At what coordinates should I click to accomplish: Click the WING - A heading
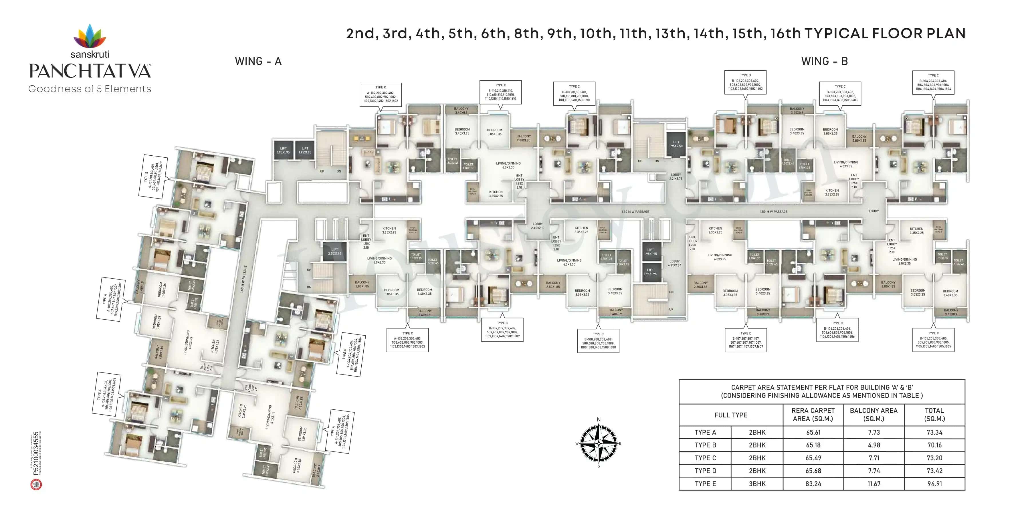coord(258,61)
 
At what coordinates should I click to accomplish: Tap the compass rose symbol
coord(599,443)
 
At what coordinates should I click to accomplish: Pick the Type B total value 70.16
coord(934,445)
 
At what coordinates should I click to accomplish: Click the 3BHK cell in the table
coord(757,484)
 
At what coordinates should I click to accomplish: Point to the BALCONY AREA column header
coord(874,414)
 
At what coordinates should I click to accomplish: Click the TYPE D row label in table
coord(705,471)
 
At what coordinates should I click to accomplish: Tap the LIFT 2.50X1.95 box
coord(335,251)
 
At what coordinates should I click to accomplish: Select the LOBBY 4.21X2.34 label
coord(675,263)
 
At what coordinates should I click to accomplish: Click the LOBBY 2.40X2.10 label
coord(538,226)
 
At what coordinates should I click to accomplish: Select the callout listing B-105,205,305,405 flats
coord(933,340)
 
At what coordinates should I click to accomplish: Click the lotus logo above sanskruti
coord(90,36)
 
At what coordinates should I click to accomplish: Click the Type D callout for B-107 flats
coord(746,340)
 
